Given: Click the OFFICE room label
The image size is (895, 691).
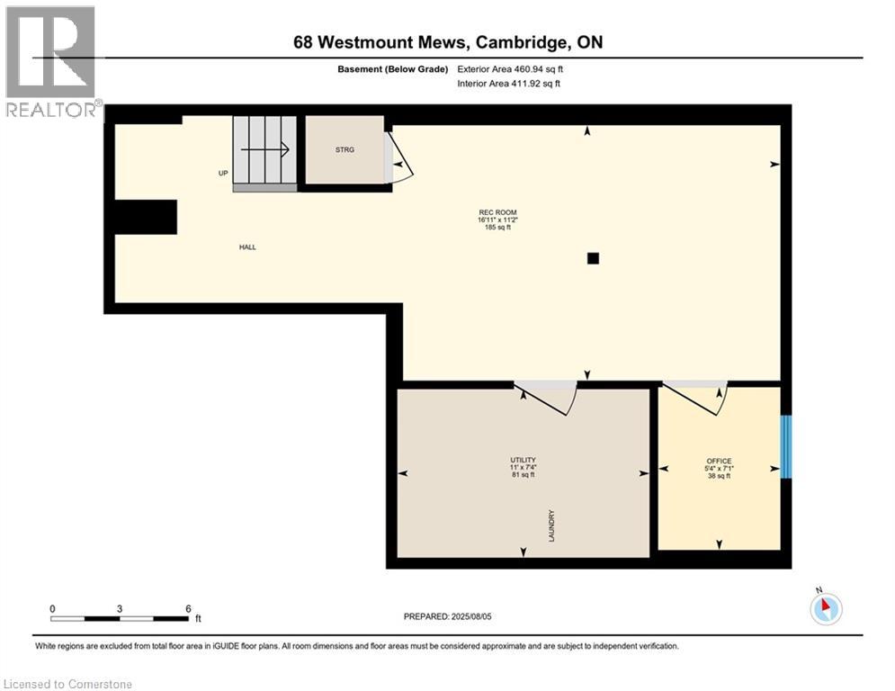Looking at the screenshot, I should pos(719,461).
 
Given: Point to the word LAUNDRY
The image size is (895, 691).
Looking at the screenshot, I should pos(551,525).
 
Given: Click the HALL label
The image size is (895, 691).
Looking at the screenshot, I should pos(247,247).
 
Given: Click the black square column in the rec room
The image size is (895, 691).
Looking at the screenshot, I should pos(593,259).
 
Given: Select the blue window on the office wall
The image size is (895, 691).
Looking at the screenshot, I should pos(786,446).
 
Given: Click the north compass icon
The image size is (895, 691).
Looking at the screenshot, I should pos(825,608).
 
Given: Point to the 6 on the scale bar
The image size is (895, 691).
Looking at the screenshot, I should pos(187,608).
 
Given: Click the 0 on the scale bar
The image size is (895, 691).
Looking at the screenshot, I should pos(52,608).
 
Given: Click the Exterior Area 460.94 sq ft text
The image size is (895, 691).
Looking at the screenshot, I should pos(511,68).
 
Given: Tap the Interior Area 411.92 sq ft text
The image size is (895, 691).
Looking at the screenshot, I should pos(510,84).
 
